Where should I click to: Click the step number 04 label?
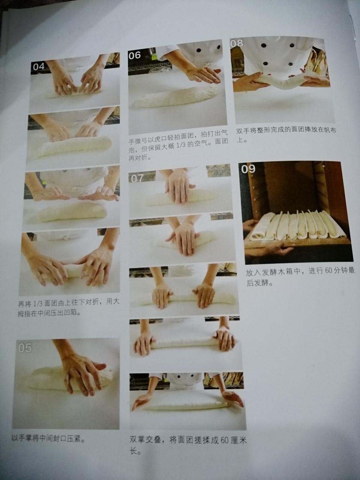click(39, 67)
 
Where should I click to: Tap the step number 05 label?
click(25, 348)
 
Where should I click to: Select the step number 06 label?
click(134, 55)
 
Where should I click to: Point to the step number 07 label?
click(136, 178)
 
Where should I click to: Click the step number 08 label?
click(237, 43)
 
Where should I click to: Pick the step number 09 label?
click(248, 169)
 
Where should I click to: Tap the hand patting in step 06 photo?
click(202, 74)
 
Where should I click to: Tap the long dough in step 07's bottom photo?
click(184, 405)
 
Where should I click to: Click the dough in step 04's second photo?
click(75, 146)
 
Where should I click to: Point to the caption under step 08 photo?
click(279, 136)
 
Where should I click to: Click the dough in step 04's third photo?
click(71, 212)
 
